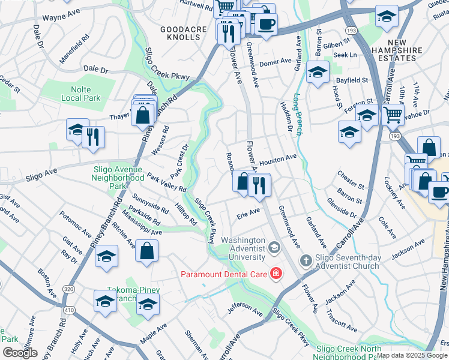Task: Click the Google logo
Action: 20,353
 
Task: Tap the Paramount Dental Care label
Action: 224,274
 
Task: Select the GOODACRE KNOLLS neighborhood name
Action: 180,33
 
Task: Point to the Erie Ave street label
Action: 249,212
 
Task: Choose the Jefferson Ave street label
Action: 245,312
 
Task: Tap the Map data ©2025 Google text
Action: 412,355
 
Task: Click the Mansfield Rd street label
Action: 74,49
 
